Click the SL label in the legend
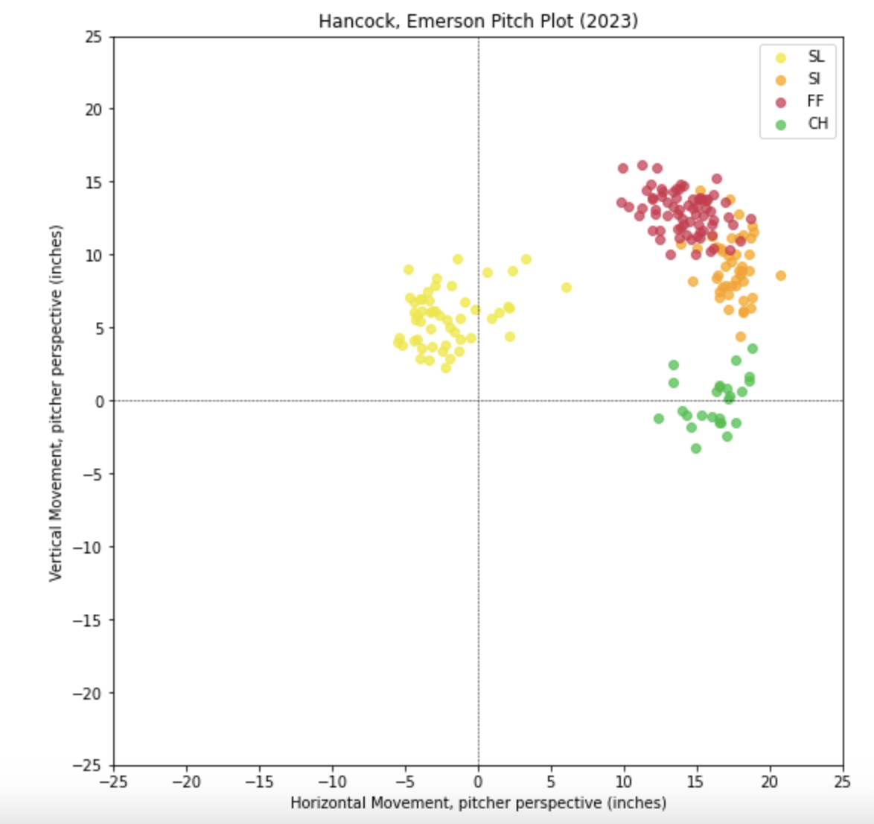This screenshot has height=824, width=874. [x=816, y=57]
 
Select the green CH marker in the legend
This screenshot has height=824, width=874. [x=780, y=124]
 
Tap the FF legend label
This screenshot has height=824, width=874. [x=815, y=101]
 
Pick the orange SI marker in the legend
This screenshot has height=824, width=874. [x=780, y=80]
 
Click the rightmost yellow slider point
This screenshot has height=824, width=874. [x=566, y=288]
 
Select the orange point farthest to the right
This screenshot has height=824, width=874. [x=780, y=276]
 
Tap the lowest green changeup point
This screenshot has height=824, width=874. [x=695, y=449]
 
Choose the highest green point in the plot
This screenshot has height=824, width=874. [x=752, y=349]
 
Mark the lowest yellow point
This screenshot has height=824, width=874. [x=445, y=368]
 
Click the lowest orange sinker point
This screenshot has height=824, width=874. [x=740, y=337]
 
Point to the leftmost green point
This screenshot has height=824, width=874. [x=658, y=419]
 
